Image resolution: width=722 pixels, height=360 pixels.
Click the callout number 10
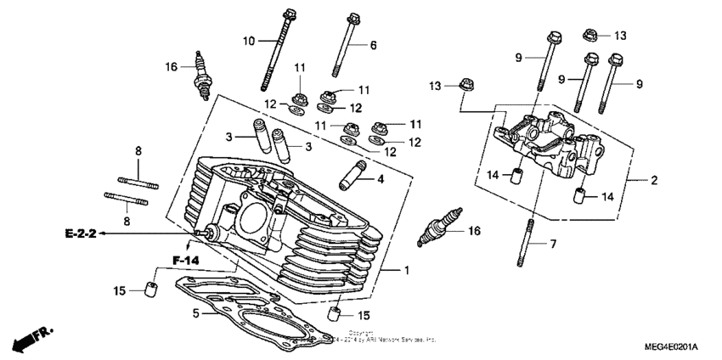point(249,40)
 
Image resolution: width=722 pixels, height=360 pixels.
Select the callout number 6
point(372,44)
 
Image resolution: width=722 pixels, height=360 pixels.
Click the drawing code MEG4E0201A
point(670,347)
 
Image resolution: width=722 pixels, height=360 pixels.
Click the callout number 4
point(381,179)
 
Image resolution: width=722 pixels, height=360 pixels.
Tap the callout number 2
point(654,179)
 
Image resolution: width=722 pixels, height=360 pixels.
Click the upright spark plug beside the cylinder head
point(200,73)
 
